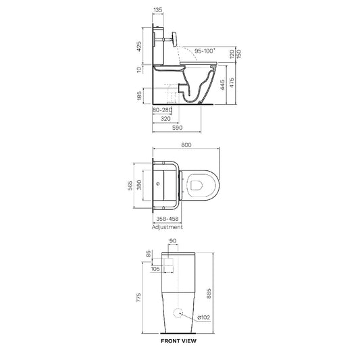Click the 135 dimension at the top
coord(158,10)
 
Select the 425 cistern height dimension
coord(139,47)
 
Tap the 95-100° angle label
coord(205,51)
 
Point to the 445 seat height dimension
coord(222,85)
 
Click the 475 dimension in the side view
coord(232,82)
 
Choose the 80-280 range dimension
coord(162,110)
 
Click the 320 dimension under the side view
coord(165,119)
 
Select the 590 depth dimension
coord(177,128)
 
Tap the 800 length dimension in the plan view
coord(186,145)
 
